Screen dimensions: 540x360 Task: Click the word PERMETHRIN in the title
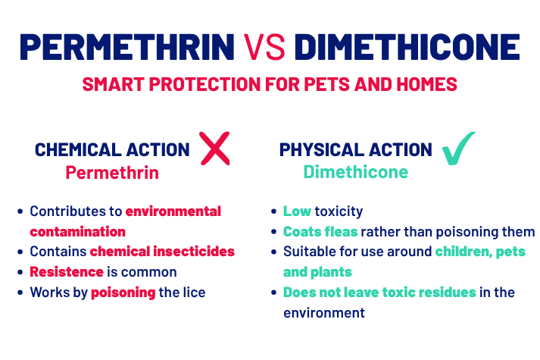click(x=127, y=47)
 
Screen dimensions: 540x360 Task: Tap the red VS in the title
click(x=264, y=47)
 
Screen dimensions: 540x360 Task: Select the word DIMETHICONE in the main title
click(x=407, y=47)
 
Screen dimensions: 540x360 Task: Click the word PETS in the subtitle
click(x=326, y=84)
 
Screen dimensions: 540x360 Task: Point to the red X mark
click(x=215, y=148)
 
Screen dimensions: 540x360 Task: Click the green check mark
click(x=458, y=148)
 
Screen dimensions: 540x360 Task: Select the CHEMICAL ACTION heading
click(x=112, y=150)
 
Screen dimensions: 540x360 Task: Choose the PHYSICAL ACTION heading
click(x=355, y=150)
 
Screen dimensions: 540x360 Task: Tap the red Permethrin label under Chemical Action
click(x=112, y=172)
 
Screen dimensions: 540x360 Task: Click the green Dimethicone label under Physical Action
click(x=356, y=171)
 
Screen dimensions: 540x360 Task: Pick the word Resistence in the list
click(x=67, y=272)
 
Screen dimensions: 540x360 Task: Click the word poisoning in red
click(x=123, y=293)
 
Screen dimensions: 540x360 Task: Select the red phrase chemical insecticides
click(x=162, y=252)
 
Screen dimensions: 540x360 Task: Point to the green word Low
click(x=297, y=211)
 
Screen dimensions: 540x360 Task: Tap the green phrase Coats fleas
click(x=320, y=231)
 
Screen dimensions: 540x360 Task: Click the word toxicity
click(x=339, y=211)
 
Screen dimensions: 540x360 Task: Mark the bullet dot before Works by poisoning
click(x=20, y=293)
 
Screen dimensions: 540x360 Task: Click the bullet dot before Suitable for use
click(x=274, y=252)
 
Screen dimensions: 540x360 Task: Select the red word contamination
click(x=78, y=231)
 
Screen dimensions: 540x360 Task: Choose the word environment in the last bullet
click(x=324, y=313)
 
